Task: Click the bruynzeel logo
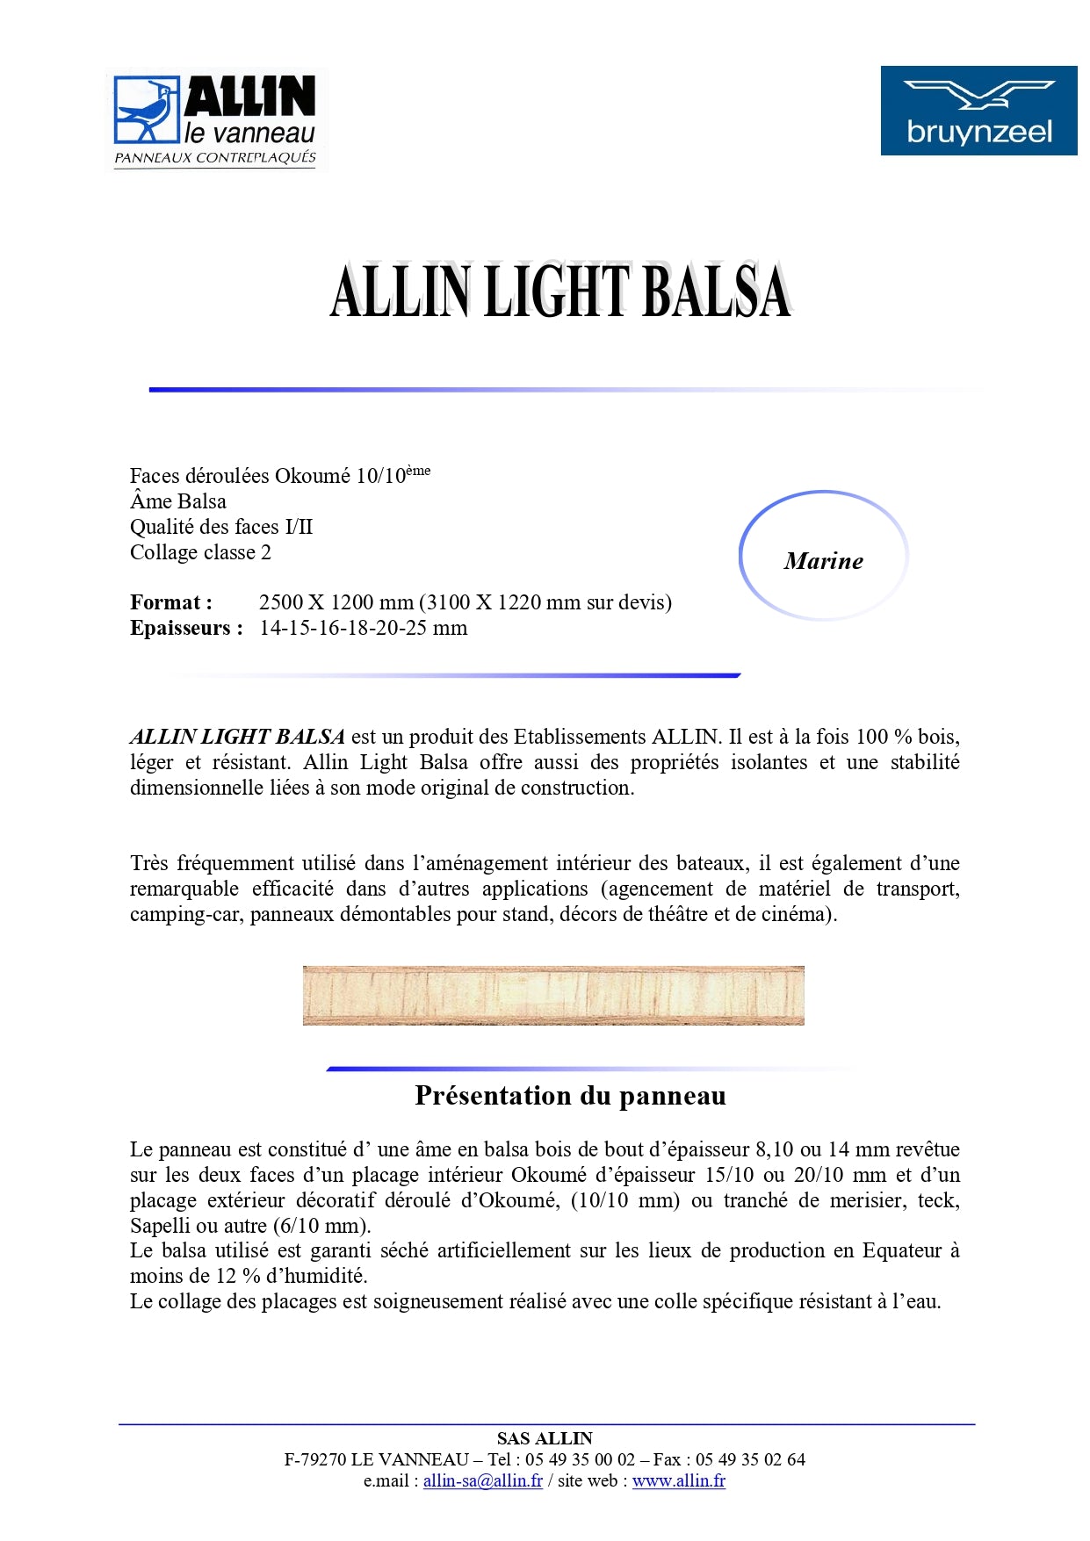coord(978,111)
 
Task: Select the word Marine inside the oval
coord(823,561)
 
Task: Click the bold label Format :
coord(171,602)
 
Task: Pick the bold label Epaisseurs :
coord(186,628)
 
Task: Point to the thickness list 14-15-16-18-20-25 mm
coord(363,628)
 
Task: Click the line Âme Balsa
coord(178,501)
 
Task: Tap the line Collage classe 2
coord(200,552)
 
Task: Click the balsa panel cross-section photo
coord(553,996)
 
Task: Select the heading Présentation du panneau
coord(570,1096)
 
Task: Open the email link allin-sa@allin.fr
coord(482,1480)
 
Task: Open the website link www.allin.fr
coord(678,1480)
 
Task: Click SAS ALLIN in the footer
coord(545,1438)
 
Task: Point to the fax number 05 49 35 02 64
coord(750,1459)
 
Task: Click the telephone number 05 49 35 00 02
coord(580,1459)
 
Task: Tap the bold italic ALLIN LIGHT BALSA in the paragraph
coord(237,737)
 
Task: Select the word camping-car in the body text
coord(185,914)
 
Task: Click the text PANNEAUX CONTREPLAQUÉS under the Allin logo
coord(215,158)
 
